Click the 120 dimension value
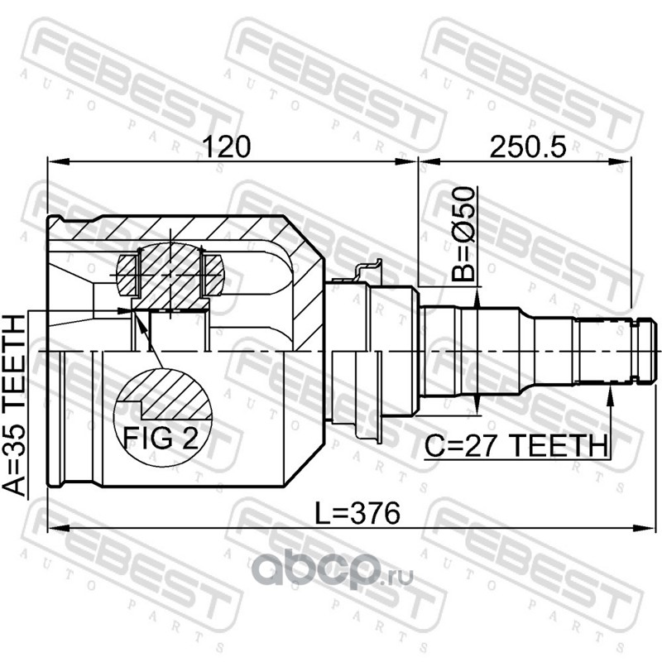tap(226, 146)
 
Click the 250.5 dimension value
tap(527, 146)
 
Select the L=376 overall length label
tap(357, 513)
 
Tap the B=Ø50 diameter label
tap(463, 234)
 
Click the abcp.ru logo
tap(333, 571)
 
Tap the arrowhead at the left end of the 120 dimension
tap(58, 161)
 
